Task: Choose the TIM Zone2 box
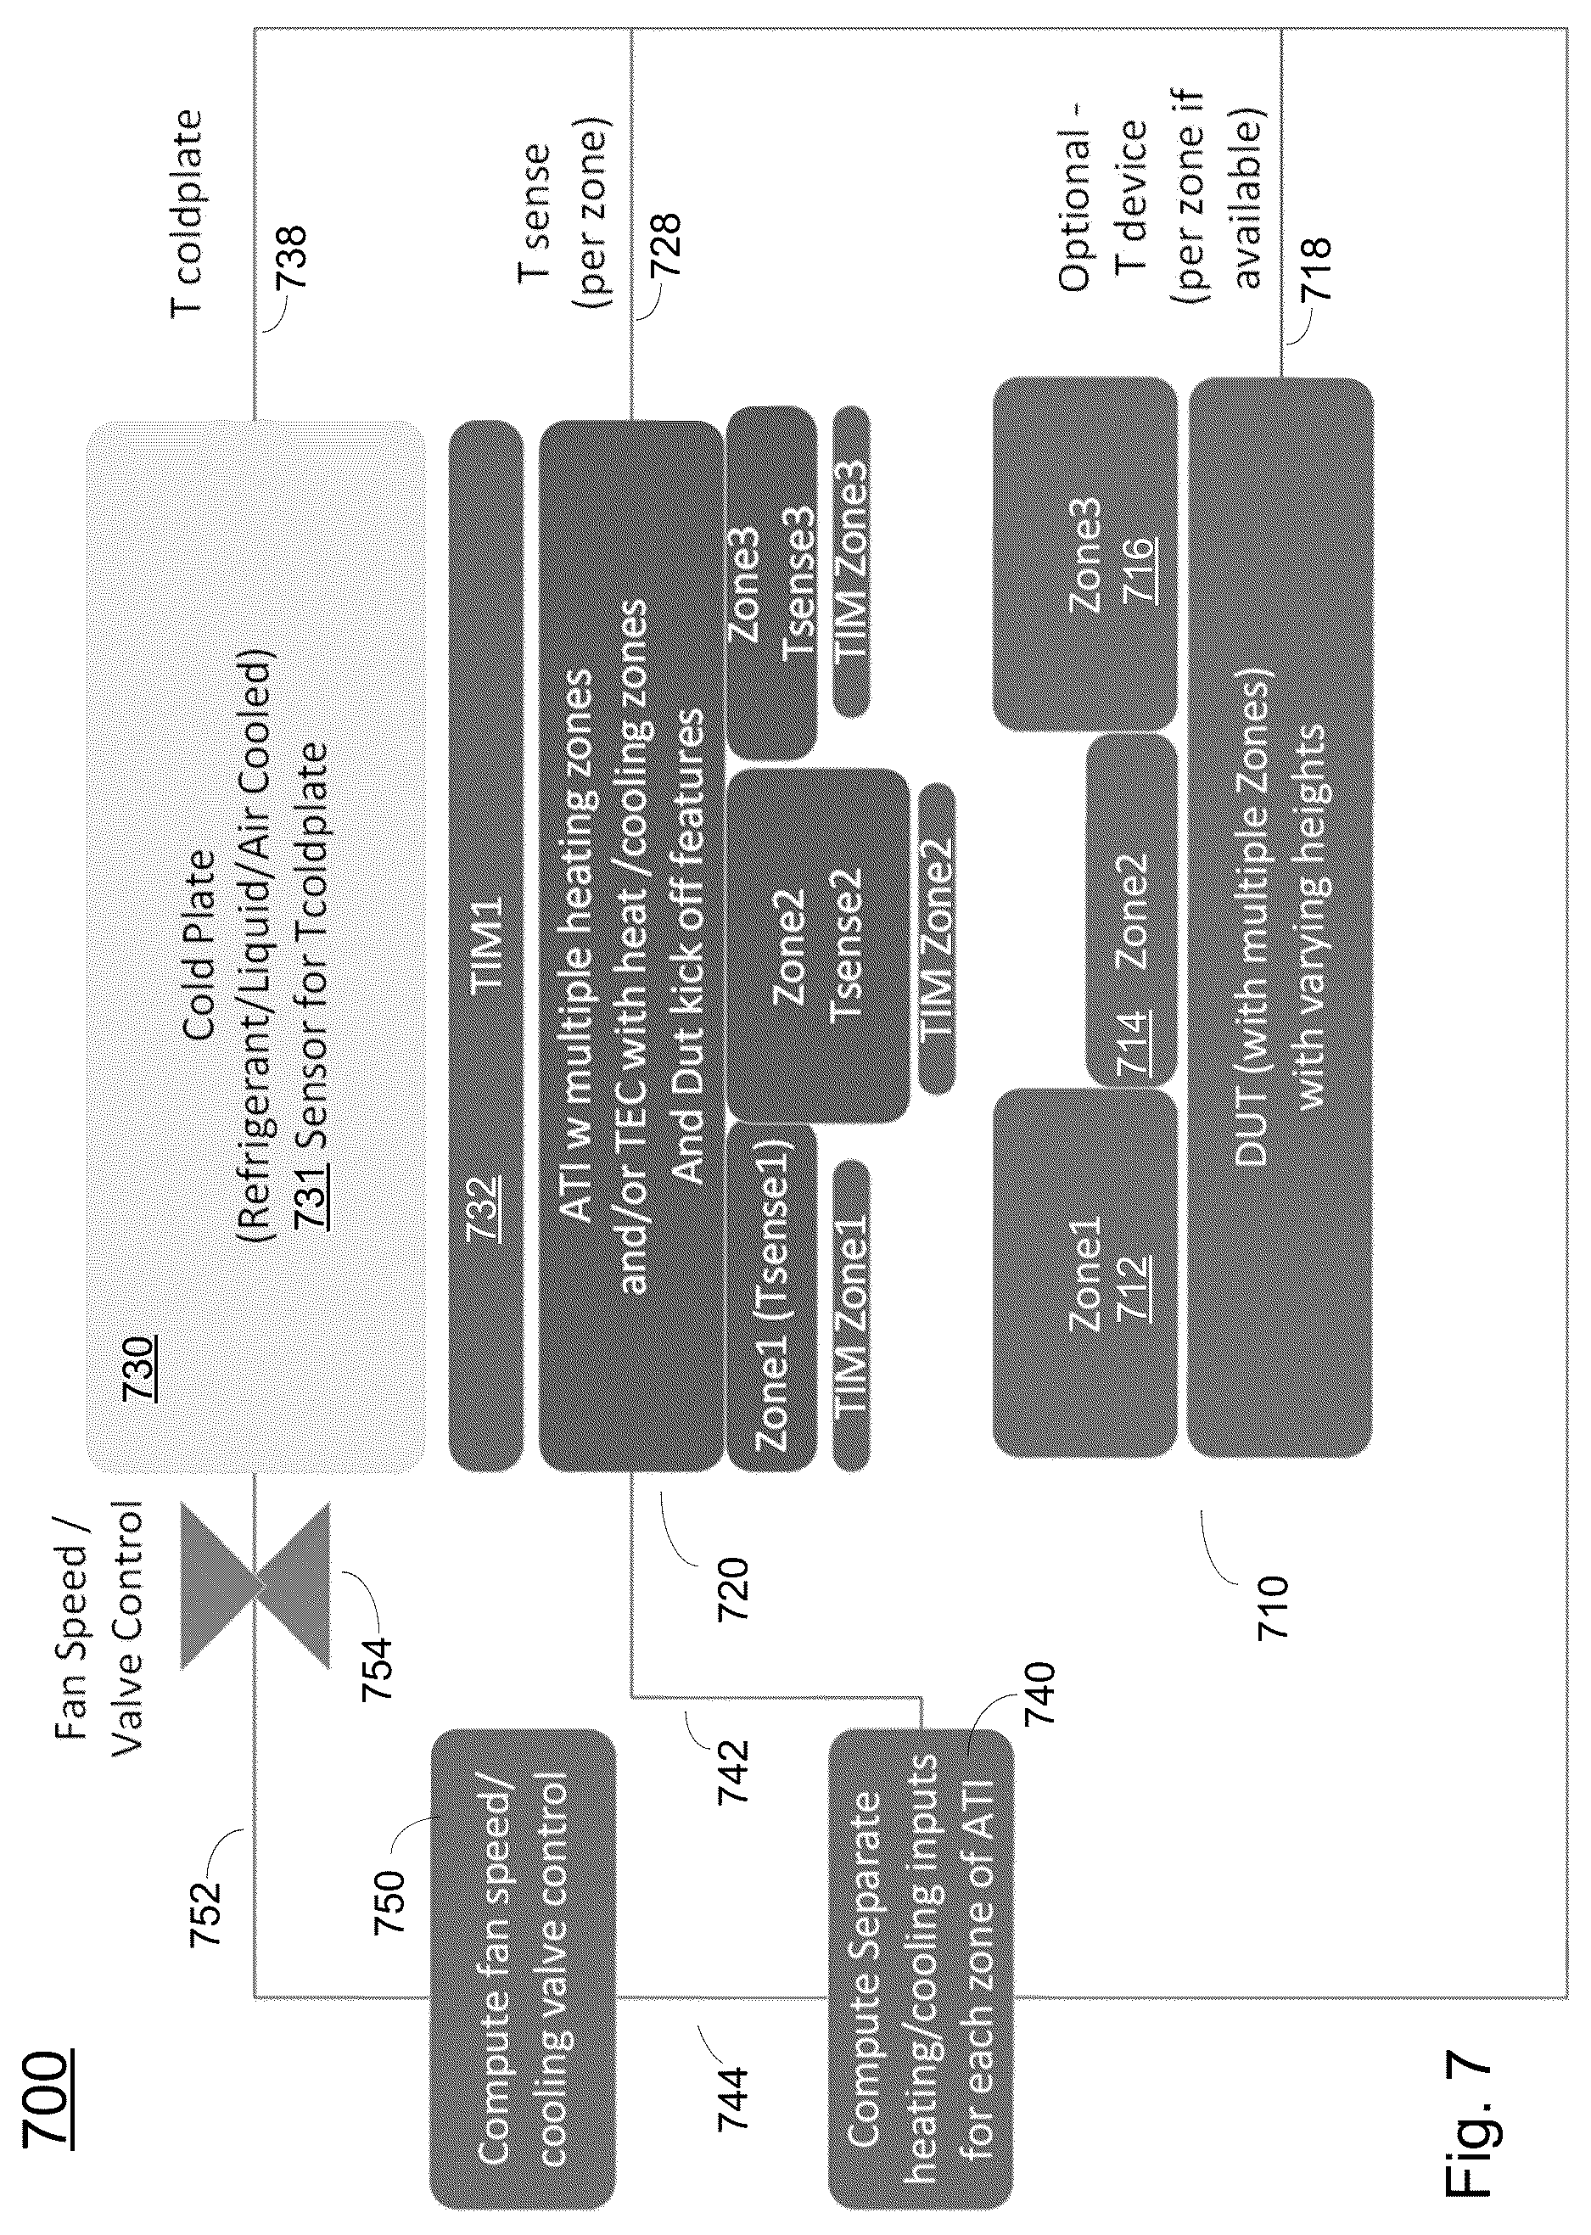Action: pyautogui.click(x=936, y=938)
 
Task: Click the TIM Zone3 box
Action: pyautogui.click(x=850, y=561)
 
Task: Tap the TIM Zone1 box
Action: pyautogui.click(x=850, y=1314)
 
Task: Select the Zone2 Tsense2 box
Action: pyautogui.click(x=818, y=946)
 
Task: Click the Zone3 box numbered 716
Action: pyautogui.click(x=1084, y=554)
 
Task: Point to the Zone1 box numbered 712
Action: pyautogui.click(x=1084, y=1274)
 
